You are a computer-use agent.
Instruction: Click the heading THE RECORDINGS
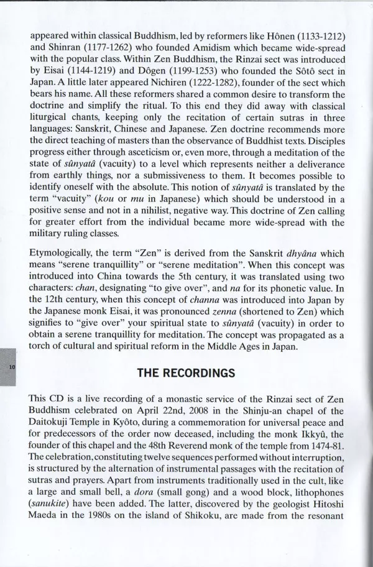pos(186,372)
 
